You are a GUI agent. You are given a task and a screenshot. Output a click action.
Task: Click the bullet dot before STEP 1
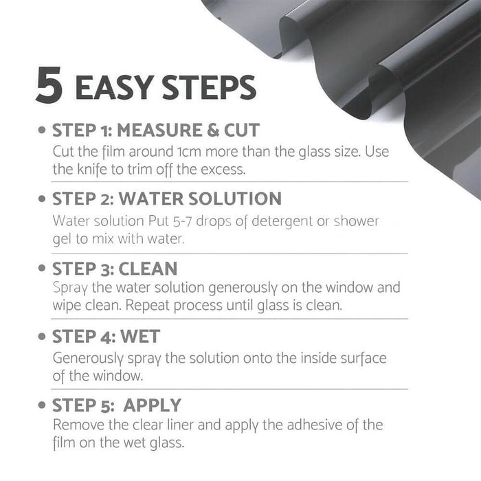(43, 131)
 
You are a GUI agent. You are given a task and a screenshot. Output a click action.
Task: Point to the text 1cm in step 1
(175, 151)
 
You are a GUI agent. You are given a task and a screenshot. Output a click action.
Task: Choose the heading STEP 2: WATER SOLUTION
(167, 199)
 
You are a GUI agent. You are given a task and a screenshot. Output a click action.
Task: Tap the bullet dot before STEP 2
(43, 200)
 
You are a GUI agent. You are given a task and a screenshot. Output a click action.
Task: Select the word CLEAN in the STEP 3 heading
(148, 268)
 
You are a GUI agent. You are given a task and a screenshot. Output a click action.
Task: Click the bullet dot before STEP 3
(43, 269)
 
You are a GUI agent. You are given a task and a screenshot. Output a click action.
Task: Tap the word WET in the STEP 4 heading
(140, 337)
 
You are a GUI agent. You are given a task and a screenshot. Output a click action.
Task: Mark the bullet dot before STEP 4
(43, 337)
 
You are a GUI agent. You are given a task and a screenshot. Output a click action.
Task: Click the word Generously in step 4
(88, 359)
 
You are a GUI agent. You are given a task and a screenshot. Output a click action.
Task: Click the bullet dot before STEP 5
(43, 405)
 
